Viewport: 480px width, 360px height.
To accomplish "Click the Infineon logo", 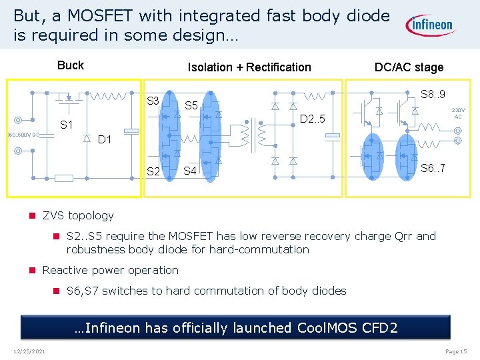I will [430, 25].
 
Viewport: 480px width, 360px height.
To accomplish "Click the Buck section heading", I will [71, 65].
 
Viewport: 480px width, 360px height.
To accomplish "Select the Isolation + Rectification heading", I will [249, 67].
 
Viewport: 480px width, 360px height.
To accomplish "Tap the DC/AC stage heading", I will [409, 67].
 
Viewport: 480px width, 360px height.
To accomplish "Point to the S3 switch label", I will [153, 101].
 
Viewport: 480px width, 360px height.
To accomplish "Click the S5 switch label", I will [191, 105].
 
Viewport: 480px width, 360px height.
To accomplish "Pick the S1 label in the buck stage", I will [67, 125].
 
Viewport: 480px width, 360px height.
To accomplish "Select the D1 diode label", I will [105, 140].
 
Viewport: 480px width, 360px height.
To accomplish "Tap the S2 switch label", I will [153, 171].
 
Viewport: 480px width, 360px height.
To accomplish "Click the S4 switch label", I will [190, 171].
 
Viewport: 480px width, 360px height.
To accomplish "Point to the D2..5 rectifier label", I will [312, 119].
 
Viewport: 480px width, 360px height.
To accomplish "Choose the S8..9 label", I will [433, 94].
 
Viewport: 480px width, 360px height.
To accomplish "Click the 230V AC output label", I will [458, 113].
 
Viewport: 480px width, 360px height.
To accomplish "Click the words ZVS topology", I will [78, 215].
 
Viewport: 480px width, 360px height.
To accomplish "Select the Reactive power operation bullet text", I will [110, 270].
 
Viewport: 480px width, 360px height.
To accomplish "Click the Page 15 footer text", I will [456, 351].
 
